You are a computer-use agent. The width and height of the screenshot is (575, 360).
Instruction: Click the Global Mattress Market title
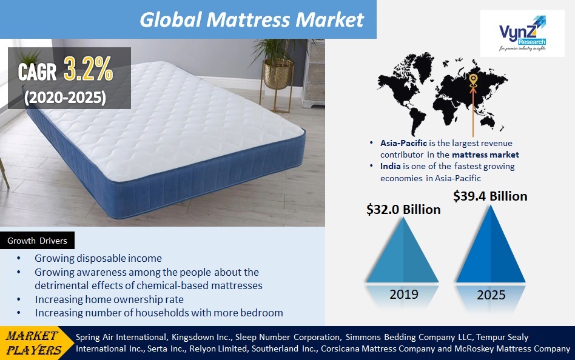coord(252,19)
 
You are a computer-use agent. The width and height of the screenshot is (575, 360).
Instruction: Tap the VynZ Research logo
coord(522,35)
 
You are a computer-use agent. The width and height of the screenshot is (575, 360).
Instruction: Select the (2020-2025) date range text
coord(66,96)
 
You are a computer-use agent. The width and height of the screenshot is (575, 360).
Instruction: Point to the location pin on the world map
coord(473,81)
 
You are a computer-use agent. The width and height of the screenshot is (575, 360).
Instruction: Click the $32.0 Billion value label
coord(403,209)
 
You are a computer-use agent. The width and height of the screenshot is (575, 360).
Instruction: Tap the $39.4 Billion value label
coord(490,196)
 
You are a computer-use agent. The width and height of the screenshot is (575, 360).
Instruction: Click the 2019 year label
coord(404,295)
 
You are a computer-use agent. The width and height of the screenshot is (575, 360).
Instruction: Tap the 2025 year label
coord(491,296)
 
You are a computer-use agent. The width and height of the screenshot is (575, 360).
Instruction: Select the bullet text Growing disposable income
coord(98,258)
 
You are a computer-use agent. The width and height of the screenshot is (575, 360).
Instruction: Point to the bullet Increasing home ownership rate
coord(109,299)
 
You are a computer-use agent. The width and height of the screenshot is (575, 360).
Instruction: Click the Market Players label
coord(34,343)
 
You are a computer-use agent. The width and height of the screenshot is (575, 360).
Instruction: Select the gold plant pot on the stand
coord(278,73)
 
